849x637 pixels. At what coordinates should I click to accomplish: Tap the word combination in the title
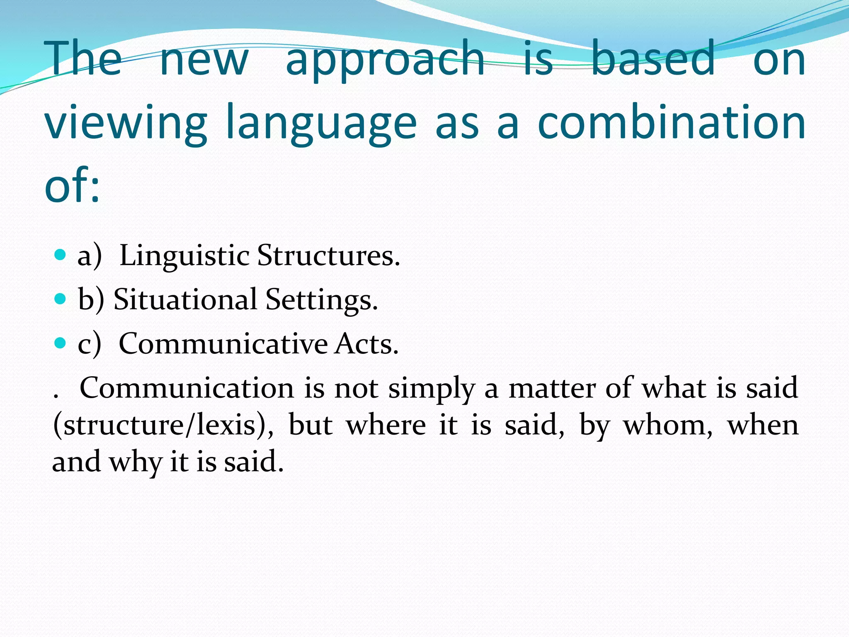tap(672, 123)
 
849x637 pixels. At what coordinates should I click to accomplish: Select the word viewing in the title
tap(126, 123)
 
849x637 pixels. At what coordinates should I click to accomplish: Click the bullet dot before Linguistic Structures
tap(61, 254)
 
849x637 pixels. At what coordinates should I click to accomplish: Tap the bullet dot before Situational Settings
tap(61, 299)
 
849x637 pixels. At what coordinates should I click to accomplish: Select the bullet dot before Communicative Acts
tap(61, 343)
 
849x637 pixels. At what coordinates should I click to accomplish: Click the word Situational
tap(185, 299)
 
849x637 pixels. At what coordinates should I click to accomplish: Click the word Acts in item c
tap(366, 344)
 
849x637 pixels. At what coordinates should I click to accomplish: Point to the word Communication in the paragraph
tap(187, 388)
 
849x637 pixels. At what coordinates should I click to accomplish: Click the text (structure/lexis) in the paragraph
tap(163, 425)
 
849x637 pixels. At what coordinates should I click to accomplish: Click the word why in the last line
tap(135, 462)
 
